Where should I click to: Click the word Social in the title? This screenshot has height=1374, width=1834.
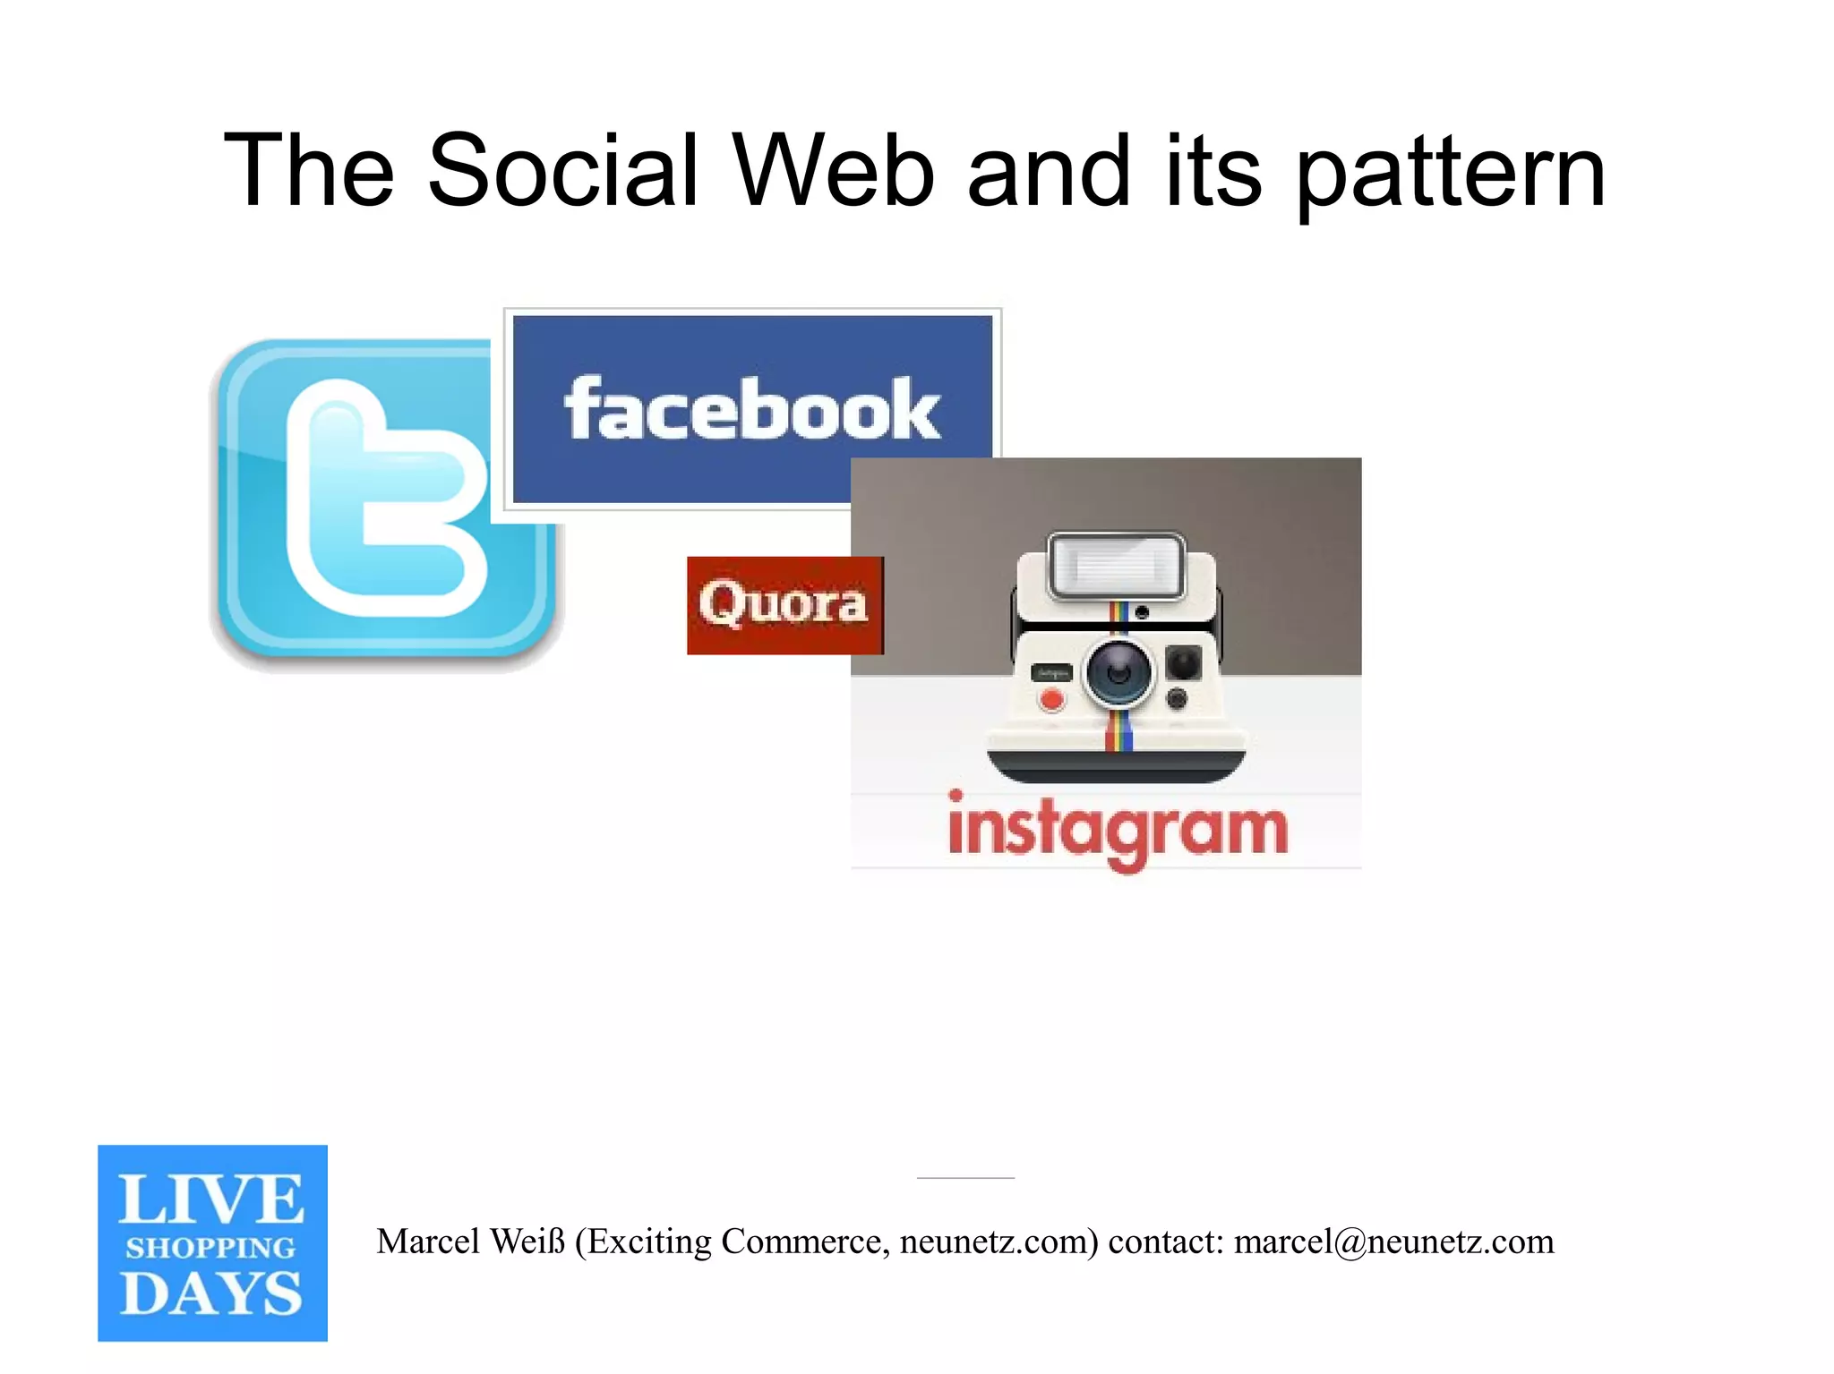tap(563, 170)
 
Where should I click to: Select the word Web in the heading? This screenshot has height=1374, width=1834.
tap(834, 170)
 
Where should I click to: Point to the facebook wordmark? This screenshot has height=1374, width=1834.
tap(752, 409)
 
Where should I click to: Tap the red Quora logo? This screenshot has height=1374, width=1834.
tap(784, 604)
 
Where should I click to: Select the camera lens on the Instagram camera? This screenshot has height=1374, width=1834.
tap(1118, 673)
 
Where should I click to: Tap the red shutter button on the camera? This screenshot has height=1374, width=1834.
tap(1052, 700)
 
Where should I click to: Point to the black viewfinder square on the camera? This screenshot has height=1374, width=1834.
tap(1184, 662)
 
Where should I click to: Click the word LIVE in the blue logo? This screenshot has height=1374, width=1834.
tap(211, 1199)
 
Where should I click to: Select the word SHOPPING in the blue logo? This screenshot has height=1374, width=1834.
tap(211, 1248)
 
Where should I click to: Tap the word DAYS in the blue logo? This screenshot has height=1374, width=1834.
tap(211, 1294)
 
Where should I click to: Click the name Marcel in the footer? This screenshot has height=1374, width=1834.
tap(428, 1242)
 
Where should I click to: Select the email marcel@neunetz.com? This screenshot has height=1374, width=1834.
tap(1393, 1242)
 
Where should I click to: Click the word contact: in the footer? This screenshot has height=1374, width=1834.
tap(1165, 1242)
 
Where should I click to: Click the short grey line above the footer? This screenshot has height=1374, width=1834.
tap(965, 1178)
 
